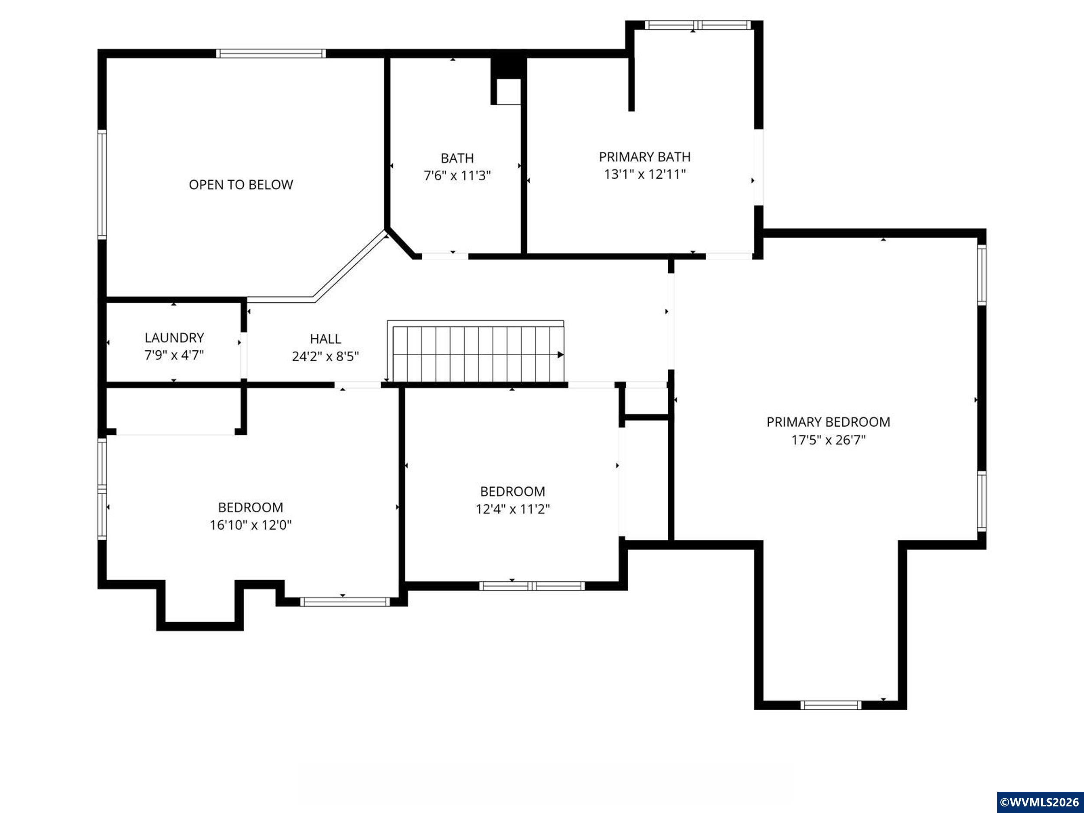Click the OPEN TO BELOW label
pyautogui.click(x=241, y=185)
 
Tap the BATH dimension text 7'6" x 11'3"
pyautogui.click(x=457, y=176)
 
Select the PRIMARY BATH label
pyautogui.click(x=644, y=157)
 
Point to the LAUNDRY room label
pyautogui.click(x=174, y=338)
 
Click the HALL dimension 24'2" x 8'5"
pyautogui.click(x=325, y=356)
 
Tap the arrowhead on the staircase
pyautogui.click(x=561, y=355)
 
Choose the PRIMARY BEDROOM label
pyautogui.click(x=828, y=422)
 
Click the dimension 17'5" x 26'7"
pyautogui.click(x=828, y=440)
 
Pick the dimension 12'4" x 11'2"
pyautogui.click(x=513, y=509)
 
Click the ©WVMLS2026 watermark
pyautogui.click(x=1040, y=802)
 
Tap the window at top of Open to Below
pyautogui.click(x=271, y=53)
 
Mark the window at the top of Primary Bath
pyautogui.click(x=697, y=25)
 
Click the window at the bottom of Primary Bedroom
pyautogui.click(x=831, y=705)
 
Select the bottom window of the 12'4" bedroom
pyautogui.click(x=532, y=586)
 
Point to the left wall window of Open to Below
pyautogui.click(x=102, y=184)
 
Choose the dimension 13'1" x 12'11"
pyautogui.click(x=644, y=174)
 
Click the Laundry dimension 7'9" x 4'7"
pyautogui.click(x=174, y=355)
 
